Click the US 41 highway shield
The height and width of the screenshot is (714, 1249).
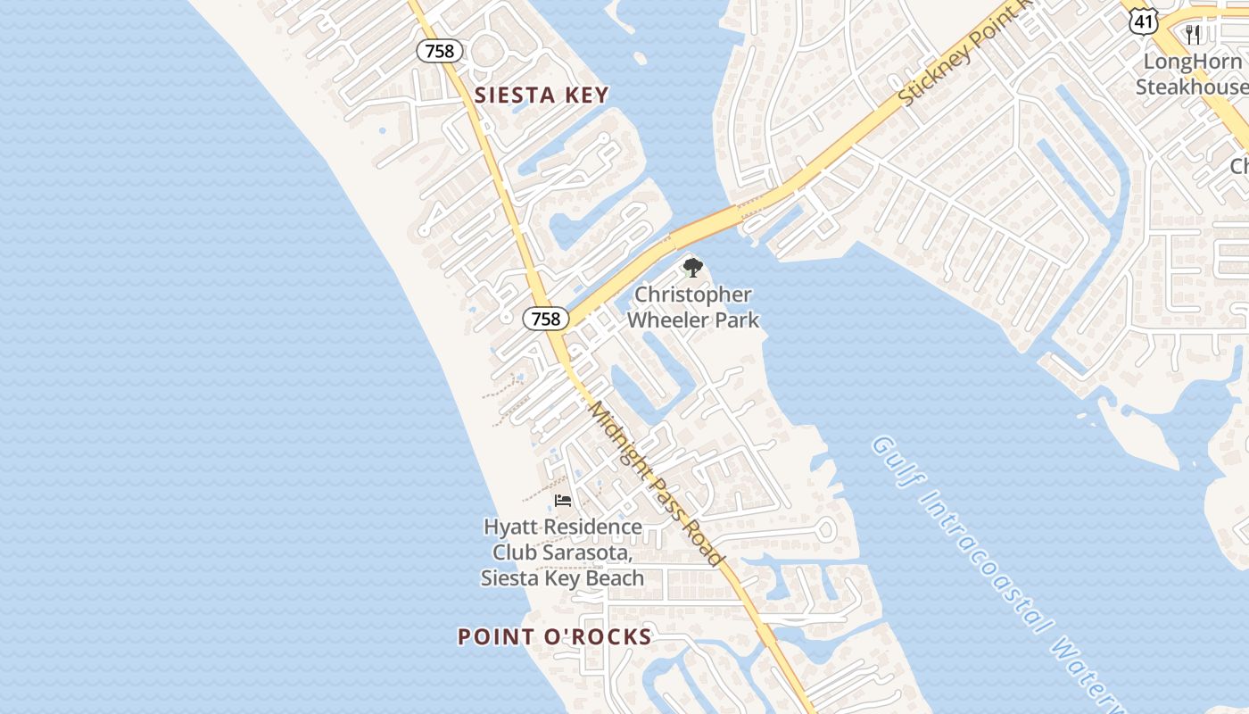(x=1143, y=19)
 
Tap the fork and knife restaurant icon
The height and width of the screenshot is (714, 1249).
(x=1193, y=34)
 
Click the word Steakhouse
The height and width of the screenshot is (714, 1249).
(x=1190, y=87)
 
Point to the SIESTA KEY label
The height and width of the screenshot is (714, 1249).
(x=542, y=95)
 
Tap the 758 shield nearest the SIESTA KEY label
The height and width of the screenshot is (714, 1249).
(x=440, y=51)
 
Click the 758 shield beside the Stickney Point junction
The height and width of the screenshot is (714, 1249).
(x=545, y=319)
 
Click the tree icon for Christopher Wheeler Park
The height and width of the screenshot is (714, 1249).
(x=692, y=267)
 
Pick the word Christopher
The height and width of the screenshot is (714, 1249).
(x=693, y=295)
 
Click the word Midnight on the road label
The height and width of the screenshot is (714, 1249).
(x=616, y=438)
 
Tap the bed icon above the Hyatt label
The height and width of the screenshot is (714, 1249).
(x=562, y=500)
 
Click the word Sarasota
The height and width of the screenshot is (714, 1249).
(x=589, y=552)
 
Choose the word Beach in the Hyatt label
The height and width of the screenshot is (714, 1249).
(x=615, y=578)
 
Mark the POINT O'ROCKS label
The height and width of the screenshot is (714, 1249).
(x=554, y=637)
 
